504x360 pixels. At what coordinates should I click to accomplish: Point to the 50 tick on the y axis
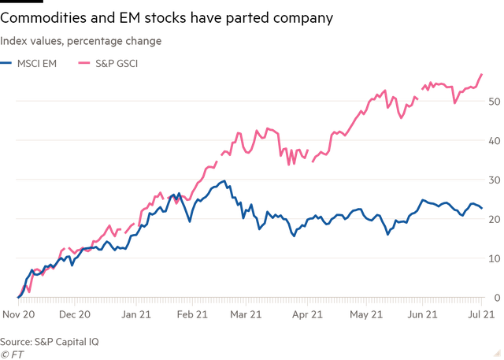click(494, 102)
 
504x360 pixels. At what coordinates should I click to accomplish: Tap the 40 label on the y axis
click(494, 141)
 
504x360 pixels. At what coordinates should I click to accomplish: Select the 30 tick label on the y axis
click(494, 180)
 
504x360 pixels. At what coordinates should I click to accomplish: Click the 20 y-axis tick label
click(494, 220)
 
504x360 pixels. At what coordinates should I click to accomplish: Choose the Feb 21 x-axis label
click(192, 314)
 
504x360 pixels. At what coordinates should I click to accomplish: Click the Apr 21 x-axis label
click(308, 314)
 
